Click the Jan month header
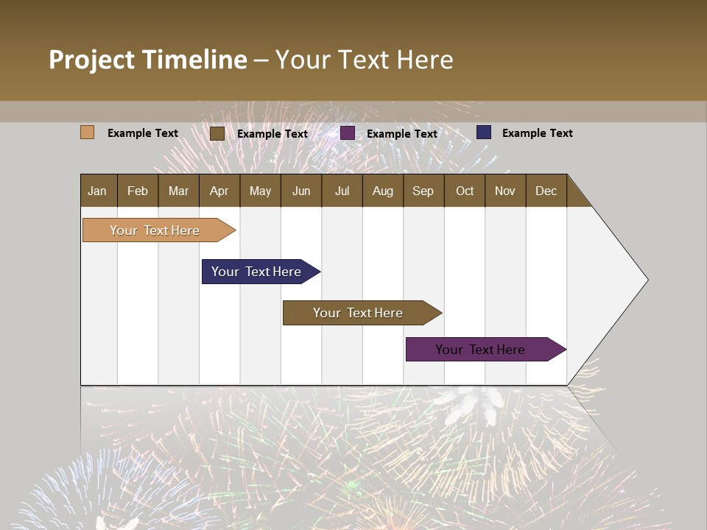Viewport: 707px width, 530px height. click(x=97, y=191)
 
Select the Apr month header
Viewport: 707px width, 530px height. click(x=219, y=191)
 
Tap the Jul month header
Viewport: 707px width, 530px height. click(x=342, y=191)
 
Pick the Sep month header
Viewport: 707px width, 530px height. click(x=423, y=191)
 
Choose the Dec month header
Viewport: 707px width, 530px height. click(x=546, y=191)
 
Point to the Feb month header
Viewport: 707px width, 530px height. click(x=138, y=191)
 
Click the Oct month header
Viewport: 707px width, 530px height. click(x=465, y=191)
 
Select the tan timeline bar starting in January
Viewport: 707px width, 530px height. click(x=155, y=230)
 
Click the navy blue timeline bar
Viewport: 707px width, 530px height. click(x=256, y=272)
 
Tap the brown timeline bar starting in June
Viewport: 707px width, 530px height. click(x=358, y=313)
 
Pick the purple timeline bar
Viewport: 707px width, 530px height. click(x=480, y=350)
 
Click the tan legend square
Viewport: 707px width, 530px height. click(x=87, y=132)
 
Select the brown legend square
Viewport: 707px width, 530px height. click(x=217, y=133)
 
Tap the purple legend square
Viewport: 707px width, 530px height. click(x=348, y=133)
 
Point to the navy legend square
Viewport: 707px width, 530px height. click(x=484, y=132)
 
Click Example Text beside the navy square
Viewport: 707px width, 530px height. click(x=537, y=133)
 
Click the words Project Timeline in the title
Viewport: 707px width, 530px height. click(x=147, y=60)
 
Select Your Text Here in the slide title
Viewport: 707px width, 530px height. click(x=364, y=60)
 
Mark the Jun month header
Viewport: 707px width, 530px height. click(x=301, y=191)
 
